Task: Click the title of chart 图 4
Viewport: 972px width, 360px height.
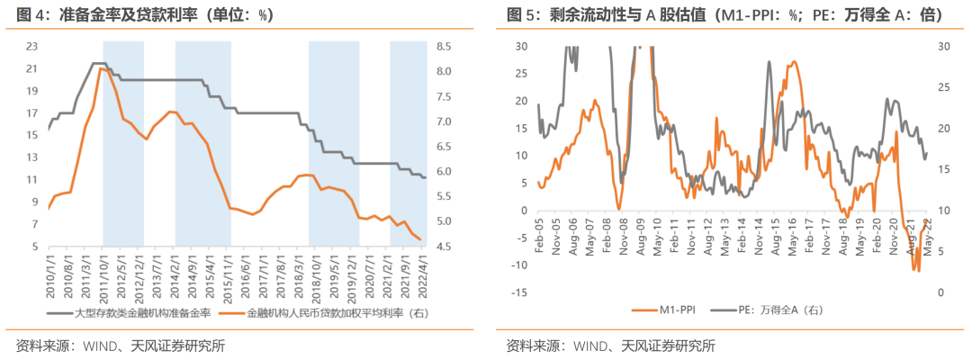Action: (144, 15)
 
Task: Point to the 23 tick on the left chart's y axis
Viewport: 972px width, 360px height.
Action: (31, 46)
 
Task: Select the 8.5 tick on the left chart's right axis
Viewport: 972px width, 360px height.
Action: (445, 46)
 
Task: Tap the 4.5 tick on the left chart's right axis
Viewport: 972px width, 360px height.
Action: (445, 247)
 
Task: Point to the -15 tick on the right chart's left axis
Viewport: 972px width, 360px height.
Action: (518, 292)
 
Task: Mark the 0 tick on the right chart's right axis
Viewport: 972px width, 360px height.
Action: (940, 292)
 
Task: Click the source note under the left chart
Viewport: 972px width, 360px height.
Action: (121, 346)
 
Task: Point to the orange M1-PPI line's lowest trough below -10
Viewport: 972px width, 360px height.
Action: (918, 270)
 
